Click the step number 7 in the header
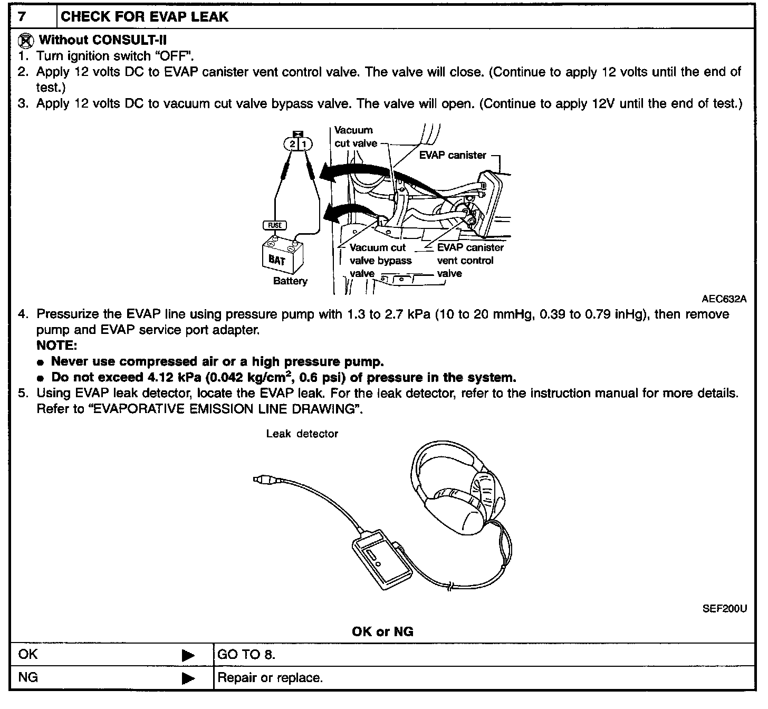click(22, 16)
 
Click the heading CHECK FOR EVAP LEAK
click(145, 16)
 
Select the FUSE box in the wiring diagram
click(274, 225)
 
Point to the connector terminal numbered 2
click(292, 144)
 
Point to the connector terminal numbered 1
click(305, 144)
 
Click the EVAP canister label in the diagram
click(453, 155)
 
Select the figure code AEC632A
click(724, 299)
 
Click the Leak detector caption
click(302, 434)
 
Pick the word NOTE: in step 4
click(57, 346)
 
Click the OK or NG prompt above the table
click(382, 631)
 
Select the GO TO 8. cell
click(246, 655)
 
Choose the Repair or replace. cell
click(270, 677)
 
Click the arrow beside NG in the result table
click(188, 678)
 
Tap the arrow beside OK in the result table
click(188, 656)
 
